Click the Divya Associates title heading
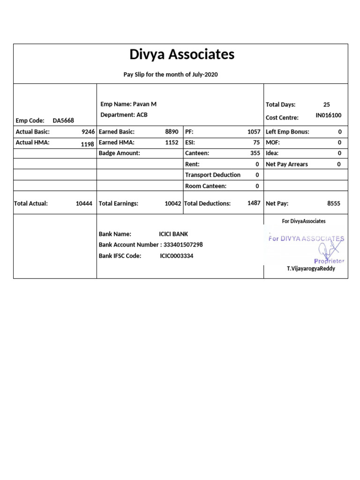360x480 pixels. pyautogui.click(x=181, y=55)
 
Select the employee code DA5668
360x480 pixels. pyautogui.click(x=63, y=120)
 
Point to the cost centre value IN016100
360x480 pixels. pyautogui.click(x=329, y=115)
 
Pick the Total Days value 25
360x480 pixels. pyautogui.click(x=327, y=105)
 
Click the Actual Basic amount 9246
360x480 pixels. pyautogui.click(x=88, y=132)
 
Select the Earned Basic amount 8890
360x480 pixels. pyautogui.click(x=172, y=132)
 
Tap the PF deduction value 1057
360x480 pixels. pyautogui.click(x=254, y=132)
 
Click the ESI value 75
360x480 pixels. pyautogui.click(x=256, y=142)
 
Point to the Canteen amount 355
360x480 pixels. pyautogui.click(x=255, y=153)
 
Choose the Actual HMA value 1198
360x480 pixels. pyautogui.click(x=88, y=144)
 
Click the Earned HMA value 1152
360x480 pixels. pyautogui.click(x=172, y=142)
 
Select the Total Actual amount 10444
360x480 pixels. pyautogui.click(x=84, y=204)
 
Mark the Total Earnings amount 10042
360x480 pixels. pyautogui.click(x=173, y=204)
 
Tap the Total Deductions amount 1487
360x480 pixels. pyautogui.click(x=254, y=203)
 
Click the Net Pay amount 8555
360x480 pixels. pyautogui.click(x=334, y=204)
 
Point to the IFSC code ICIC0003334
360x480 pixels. pyautogui.click(x=176, y=256)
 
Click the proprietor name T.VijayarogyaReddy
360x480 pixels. pyautogui.click(x=311, y=269)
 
